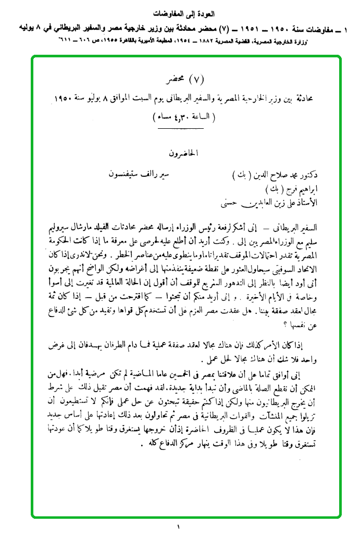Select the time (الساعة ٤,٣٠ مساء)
pyautogui.click(x=183, y=117)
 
